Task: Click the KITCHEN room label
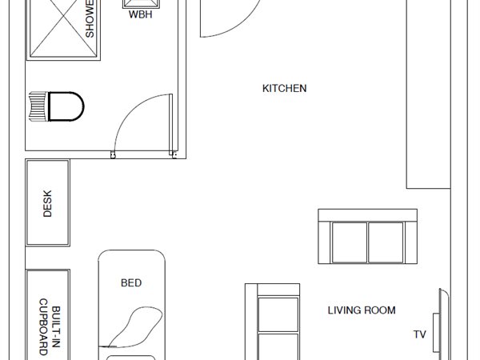point(284,89)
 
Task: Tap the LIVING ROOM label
point(362,310)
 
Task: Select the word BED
point(131,283)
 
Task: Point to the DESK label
point(47,203)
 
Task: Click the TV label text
point(420,334)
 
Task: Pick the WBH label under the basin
point(141,14)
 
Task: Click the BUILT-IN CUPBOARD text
point(50,327)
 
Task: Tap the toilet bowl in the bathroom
point(66,106)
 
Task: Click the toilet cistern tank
point(38,106)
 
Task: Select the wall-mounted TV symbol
point(441,324)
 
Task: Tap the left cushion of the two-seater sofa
point(350,242)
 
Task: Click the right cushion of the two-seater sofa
point(386,242)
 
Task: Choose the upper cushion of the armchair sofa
point(278,314)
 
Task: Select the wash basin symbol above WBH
point(142,4)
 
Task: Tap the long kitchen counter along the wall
point(428,94)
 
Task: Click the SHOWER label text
point(90,19)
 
